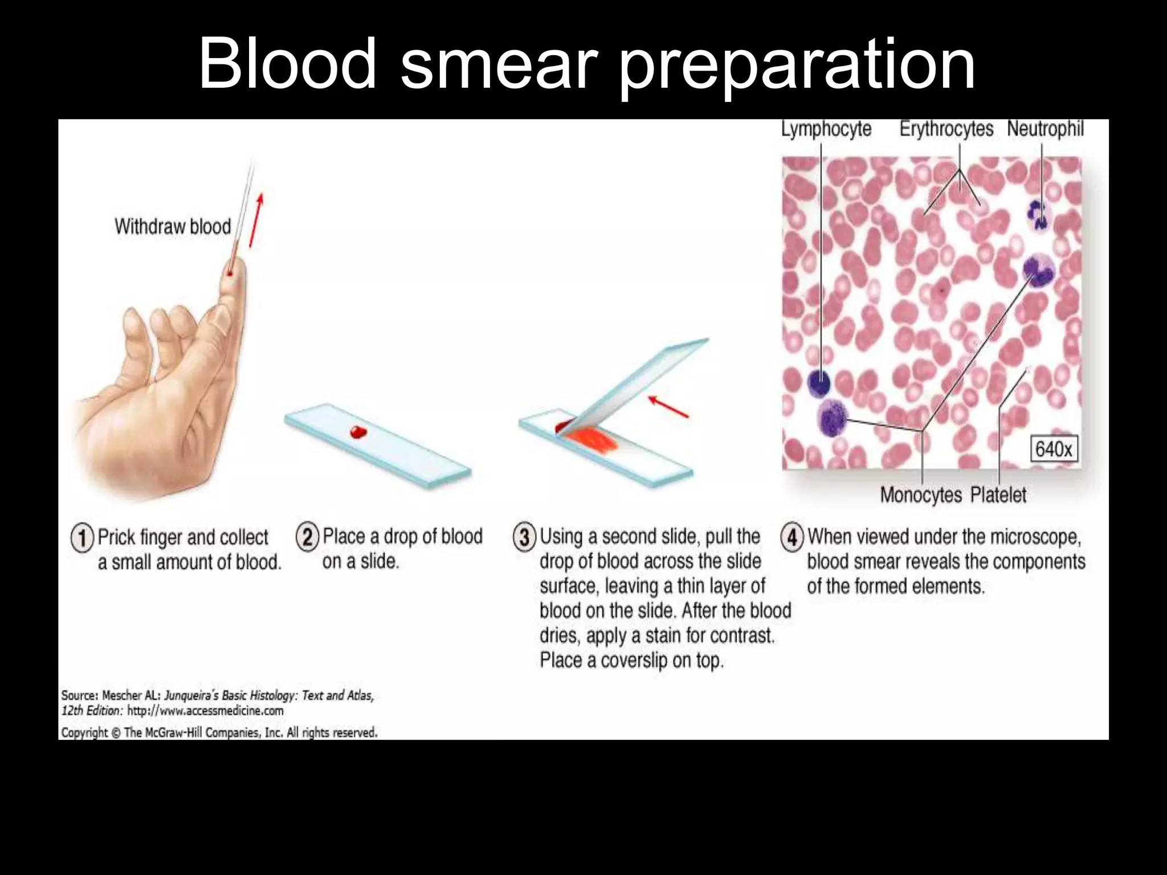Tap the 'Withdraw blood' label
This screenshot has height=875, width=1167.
click(x=173, y=227)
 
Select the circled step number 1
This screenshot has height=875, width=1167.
click(x=82, y=538)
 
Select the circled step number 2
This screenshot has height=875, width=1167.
click(x=308, y=537)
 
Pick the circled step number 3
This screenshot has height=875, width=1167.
click(x=525, y=537)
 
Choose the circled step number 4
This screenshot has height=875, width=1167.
click(x=793, y=537)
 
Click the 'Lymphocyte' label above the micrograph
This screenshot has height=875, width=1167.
click(x=826, y=129)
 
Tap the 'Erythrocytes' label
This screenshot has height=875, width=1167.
click(x=946, y=129)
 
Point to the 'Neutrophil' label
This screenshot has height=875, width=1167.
click(x=1045, y=129)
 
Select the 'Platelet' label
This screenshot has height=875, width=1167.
click(x=998, y=495)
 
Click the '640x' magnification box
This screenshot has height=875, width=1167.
click(x=1053, y=449)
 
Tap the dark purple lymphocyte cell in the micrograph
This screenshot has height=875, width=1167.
click(x=820, y=382)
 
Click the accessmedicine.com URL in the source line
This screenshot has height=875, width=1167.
click(x=205, y=711)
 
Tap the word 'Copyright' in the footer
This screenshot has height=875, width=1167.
click(x=84, y=733)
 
